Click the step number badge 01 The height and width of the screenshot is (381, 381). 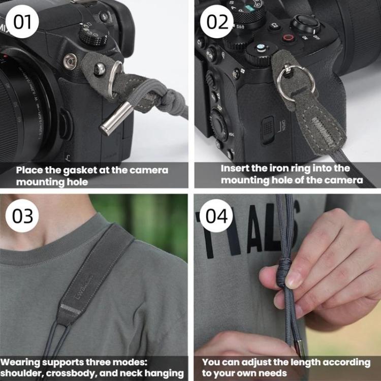[22, 22]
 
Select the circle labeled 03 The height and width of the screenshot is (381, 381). [22, 216]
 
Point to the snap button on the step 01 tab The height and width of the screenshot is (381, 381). [100, 69]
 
